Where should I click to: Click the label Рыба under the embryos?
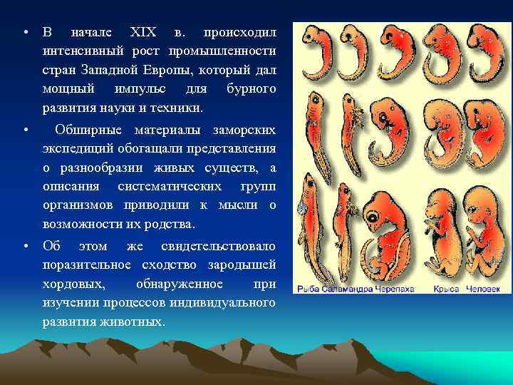pyautogui.click(x=309, y=289)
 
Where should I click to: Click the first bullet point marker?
pyautogui.click(x=26, y=33)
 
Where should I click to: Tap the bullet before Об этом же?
pyautogui.click(x=26, y=246)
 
